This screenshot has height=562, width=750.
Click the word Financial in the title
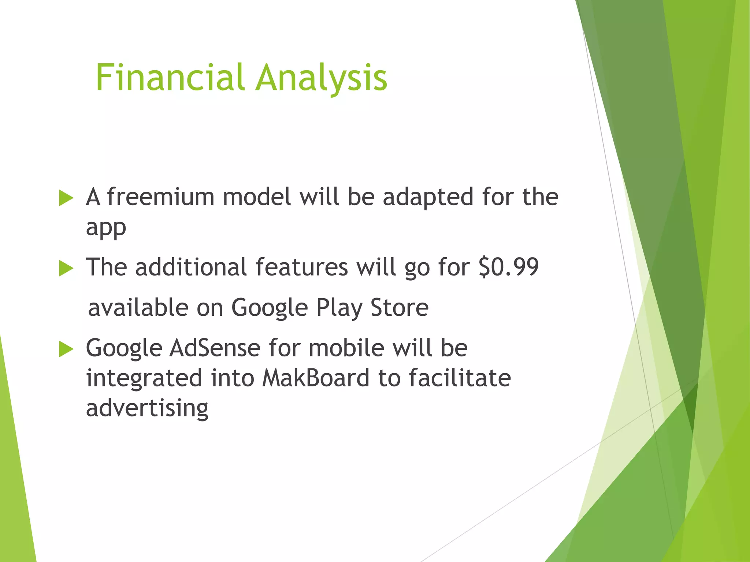pos(170,78)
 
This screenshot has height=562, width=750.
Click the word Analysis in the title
pos(321,78)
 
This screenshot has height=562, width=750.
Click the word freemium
pos(160,197)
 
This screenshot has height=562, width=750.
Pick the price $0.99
pos(508,267)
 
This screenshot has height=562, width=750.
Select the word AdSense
pos(215,348)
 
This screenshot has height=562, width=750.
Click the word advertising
pos(147,408)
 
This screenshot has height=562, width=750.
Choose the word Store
pos(399,307)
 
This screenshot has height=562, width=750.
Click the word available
pos(138,307)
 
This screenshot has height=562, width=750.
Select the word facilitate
pos(460,378)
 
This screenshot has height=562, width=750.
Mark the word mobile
pos(346,348)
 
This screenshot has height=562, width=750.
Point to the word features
pos(301,267)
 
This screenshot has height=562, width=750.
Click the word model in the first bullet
pos(257,197)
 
